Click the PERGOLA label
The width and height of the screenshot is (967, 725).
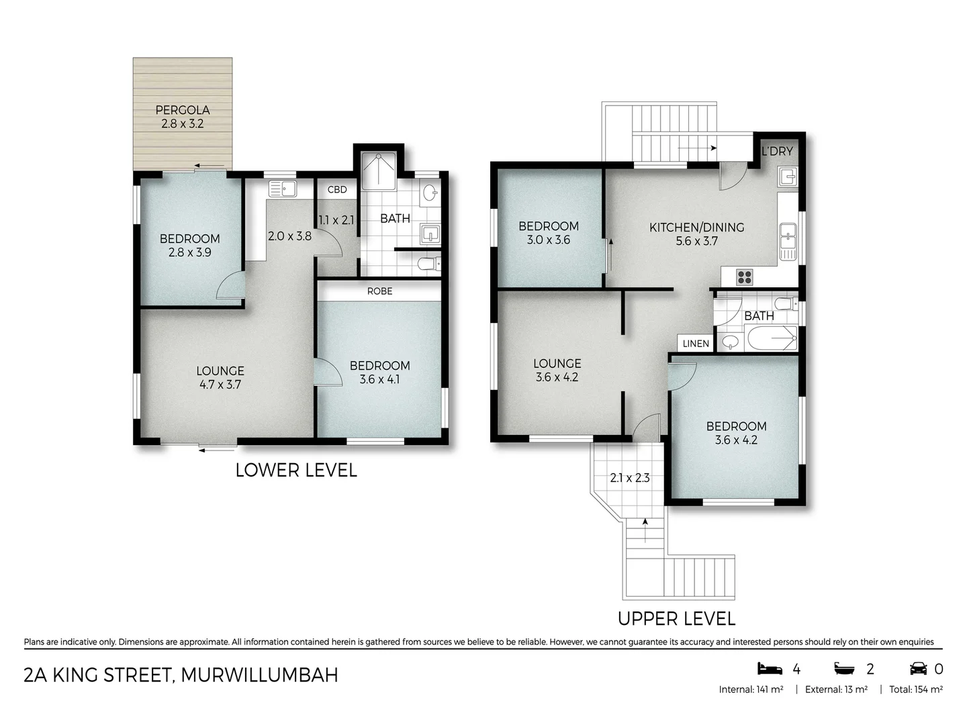click(x=183, y=110)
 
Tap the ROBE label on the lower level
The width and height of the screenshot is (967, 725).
click(x=379, y=291)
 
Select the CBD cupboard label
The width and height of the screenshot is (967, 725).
click(x=337, y=190)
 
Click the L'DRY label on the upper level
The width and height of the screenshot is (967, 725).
click(x=777, y=152)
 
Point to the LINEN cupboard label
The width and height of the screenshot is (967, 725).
click(x=696, y=344)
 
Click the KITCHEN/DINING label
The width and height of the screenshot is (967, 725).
click(x=696, y=228)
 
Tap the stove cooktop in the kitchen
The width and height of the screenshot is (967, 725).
click(x=744, y=276)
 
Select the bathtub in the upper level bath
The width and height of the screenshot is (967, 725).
click(x=770, y=338)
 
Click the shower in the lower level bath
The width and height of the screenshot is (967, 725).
click(x=379, y=172)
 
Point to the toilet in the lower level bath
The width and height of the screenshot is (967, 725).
click(x=427, y=265)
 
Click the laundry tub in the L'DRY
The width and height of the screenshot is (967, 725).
click(x=788, y=177)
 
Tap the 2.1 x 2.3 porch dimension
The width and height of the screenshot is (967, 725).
click(x=629, y=479)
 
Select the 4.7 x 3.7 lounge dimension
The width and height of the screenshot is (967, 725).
click(x=220, y=385)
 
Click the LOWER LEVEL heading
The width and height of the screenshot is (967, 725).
click(x=295, y=471)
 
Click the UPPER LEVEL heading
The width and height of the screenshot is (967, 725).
click(x=676, y=618)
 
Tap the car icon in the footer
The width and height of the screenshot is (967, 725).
click(x=918, y=669)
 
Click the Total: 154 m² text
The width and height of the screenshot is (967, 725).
click(x=915, y=689)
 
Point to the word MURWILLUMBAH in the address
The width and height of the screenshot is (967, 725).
click(x=259, y=675)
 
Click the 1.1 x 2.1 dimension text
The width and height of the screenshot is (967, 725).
click(x=336, y=220)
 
